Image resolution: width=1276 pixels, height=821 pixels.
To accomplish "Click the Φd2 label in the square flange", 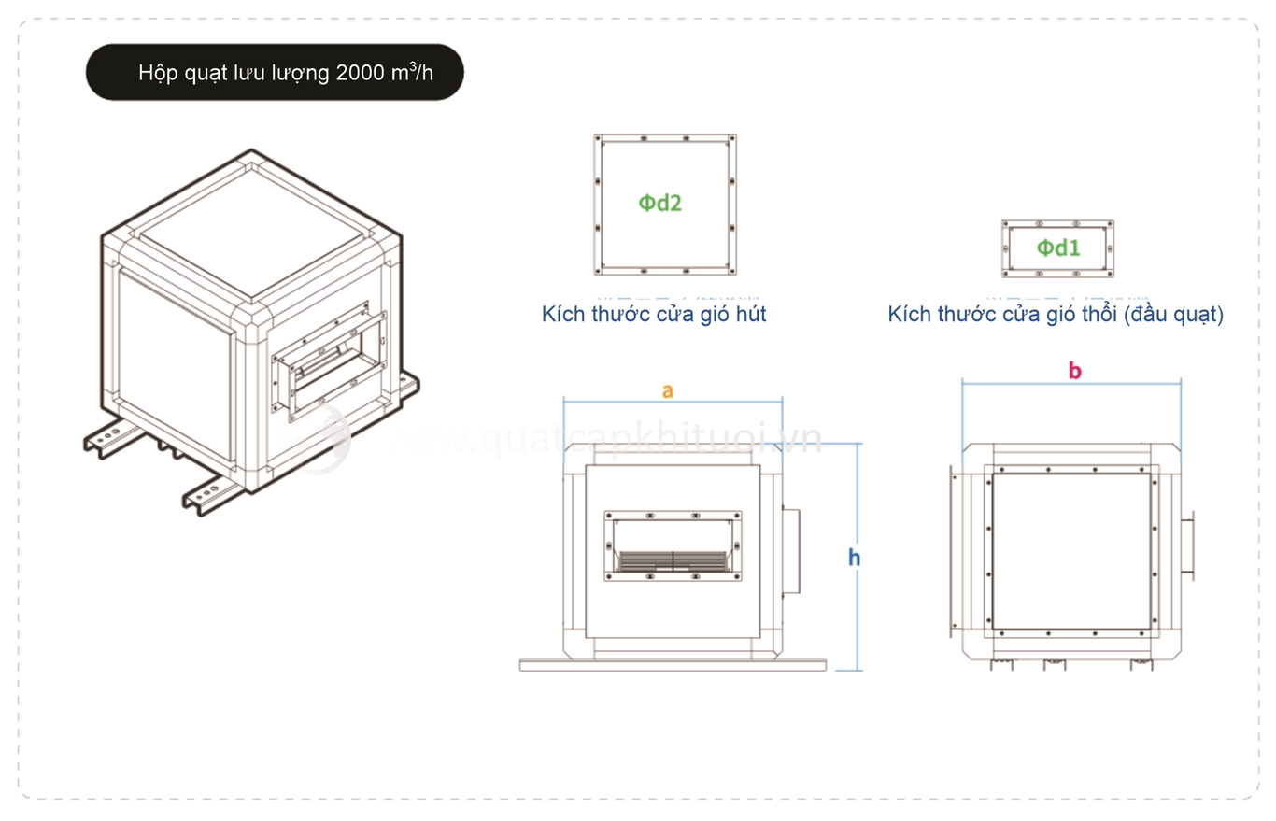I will [x=660, y=203].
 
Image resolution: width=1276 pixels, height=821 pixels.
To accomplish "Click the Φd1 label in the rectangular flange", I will [x=1058, y=248].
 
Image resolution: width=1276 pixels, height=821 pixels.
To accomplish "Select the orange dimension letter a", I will [x=667, y=390].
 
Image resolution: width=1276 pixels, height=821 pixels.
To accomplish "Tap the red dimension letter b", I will [x=1074, y=371].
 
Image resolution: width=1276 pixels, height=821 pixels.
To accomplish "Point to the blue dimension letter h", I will [x=854, y=558].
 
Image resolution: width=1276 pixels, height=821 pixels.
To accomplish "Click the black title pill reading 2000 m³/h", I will [x=275, y=72].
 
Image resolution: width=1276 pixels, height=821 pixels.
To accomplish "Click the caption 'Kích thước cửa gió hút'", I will [x=654, y=314].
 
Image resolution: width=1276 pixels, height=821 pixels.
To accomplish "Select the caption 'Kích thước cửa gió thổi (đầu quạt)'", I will [x=1056, y=314].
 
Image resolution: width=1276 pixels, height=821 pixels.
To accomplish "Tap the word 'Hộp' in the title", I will [x=155, y=73].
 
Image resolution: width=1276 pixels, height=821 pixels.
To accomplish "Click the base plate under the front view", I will [x=673, y=665].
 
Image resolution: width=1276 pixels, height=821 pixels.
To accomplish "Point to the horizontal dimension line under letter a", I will [x=673, y=403].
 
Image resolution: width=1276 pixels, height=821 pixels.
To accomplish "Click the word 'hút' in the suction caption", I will [x=750, y=314].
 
